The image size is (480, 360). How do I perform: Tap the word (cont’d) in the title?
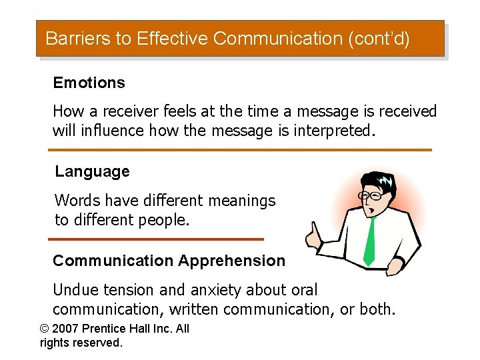click(x=379, y=39)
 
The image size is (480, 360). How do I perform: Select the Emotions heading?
click(x=89, y=83)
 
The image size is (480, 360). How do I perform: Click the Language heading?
click(x=92, y=171)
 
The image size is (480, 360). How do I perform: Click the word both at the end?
click(x=376, y=309)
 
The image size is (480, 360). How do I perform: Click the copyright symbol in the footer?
click(x=45, y=329)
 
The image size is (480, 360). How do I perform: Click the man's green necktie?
click(x=369, y=240)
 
